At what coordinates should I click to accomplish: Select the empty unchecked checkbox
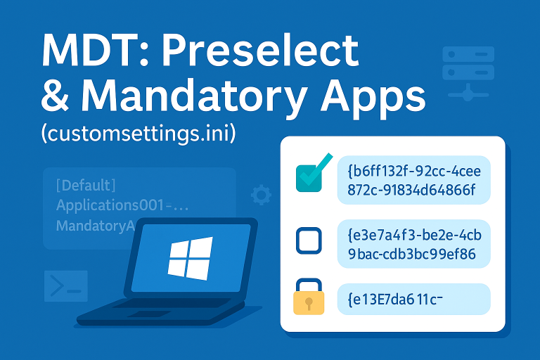coord(309,240)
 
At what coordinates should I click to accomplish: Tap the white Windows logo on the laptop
coord(190,257)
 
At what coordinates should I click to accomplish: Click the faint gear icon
coord(261,195)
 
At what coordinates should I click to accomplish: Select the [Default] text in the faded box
coord(85,186)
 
